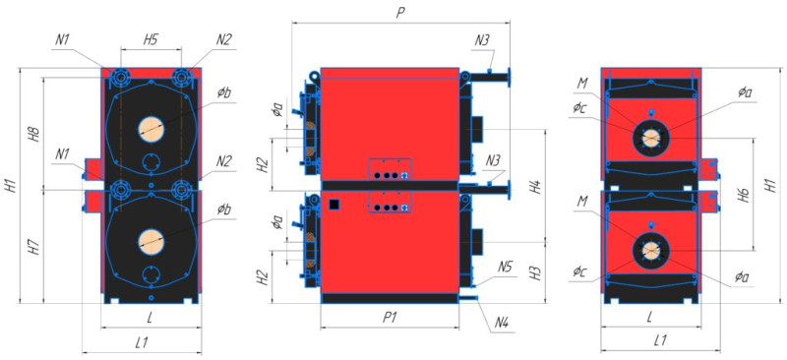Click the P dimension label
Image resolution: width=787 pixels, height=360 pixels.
pyautogui.click(x=400, y=13)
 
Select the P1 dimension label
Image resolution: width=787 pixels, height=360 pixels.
pyautogui.click(x=390, y=318)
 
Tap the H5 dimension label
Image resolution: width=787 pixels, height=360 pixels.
pyautogui.click(x=151, y=40)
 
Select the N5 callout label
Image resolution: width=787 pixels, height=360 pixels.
pyautogui.click(x=506, y=268)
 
